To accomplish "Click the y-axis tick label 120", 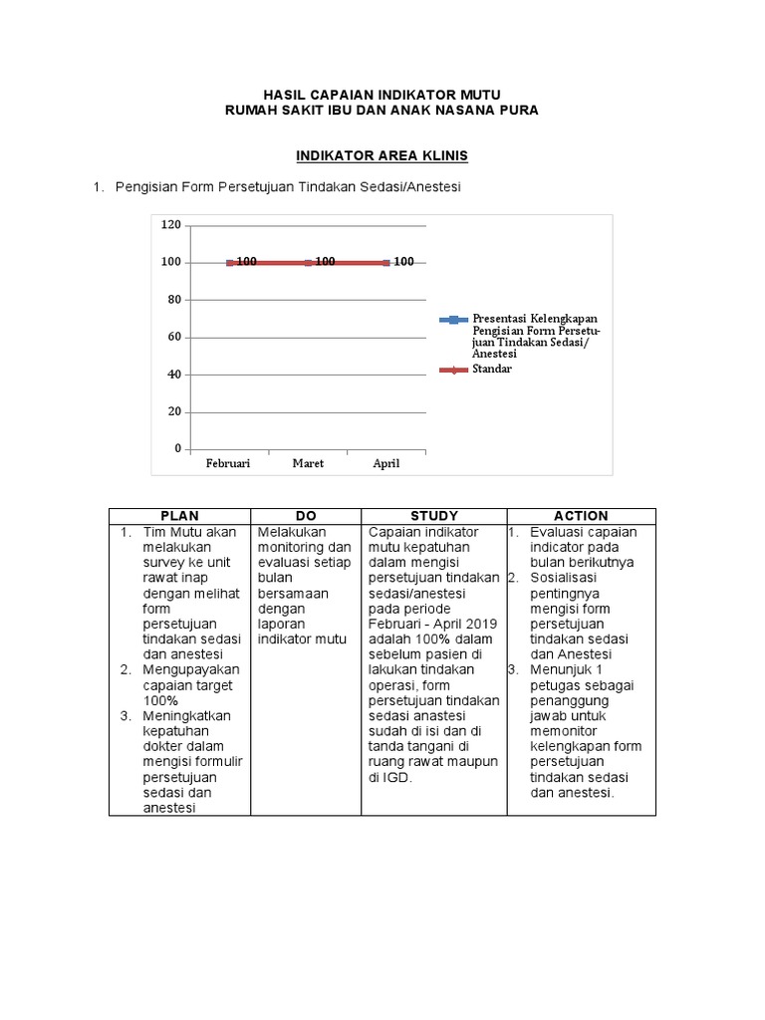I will [x=171, y=225].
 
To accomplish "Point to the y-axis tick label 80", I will [x=174, y=300].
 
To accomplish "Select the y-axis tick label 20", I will [x=174, y=411].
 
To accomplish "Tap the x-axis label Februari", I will [x=228, y=464].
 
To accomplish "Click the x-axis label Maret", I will [x=308, y=464].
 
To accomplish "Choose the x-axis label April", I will [x=385, y=464].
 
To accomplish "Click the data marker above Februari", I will [x=230, y=263].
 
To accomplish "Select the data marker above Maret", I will [x=308, y=263].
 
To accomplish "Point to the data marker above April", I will [x=385, y=263].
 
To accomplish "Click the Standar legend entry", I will [x=492, y=370].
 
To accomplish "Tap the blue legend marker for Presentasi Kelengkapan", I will [x=453, y=320].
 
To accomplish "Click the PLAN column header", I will [x=179, y=516].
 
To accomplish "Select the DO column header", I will [x=306, y=516].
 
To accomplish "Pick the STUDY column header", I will [x=434, y=516].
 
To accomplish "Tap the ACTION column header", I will [x=581, y=516].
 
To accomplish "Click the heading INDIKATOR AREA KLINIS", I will [x=382, y=157].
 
